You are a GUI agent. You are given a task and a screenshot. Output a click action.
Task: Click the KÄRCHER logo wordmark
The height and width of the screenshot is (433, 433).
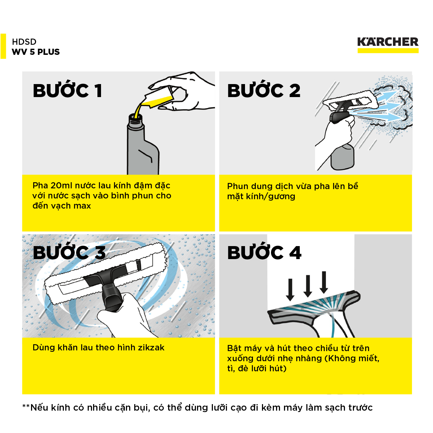point(388,42)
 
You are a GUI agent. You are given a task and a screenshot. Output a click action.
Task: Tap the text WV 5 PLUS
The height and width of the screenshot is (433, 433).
point(36,52)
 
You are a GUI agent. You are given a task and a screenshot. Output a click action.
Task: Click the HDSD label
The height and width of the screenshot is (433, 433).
point(24,42)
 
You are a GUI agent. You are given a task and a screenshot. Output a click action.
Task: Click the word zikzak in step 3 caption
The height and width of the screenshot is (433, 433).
point(151,347)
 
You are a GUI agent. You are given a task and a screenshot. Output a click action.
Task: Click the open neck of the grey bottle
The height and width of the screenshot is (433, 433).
point(135,118)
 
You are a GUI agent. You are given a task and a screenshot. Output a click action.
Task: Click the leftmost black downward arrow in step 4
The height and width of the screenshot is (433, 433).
point(290,290)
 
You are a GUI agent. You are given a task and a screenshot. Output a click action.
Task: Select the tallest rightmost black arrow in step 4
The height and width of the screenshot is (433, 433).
point(324,282)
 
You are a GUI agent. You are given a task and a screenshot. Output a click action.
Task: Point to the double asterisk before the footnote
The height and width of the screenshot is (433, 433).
point(26,406)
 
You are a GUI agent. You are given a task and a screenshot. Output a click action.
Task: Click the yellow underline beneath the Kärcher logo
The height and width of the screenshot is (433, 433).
point(388,51)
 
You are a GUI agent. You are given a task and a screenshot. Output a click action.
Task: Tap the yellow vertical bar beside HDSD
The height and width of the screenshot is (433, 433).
point(3,46)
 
